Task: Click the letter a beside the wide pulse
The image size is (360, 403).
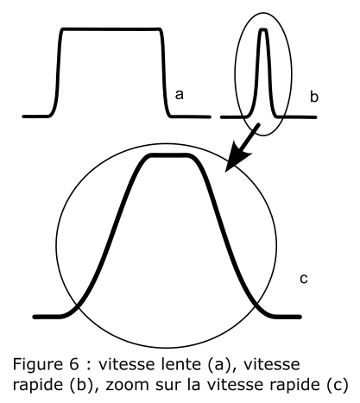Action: click(x=179, y=95)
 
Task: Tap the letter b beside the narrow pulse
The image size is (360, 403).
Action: click(x=314, y=97)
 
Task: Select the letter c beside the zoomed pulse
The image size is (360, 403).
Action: click(x=304, y=279)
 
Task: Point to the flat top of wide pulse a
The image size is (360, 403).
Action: click(x=111, y=29)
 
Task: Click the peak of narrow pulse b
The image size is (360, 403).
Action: click(x=263, y=29)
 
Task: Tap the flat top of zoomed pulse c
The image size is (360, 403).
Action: click(x=168, y=155)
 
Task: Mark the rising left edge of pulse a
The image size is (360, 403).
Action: click(x=59, y=72)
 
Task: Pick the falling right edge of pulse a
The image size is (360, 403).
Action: click(x=164, y=72)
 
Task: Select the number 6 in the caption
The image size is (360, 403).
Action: click(x=74, y=364)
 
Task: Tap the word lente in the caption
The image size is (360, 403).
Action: click(x=180, y=364)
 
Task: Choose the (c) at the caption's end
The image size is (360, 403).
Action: click(x=338, y=385)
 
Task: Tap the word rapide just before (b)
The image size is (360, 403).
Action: click(x=39, y=386)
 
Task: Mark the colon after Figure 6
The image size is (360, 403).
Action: click(x=88, y=366)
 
